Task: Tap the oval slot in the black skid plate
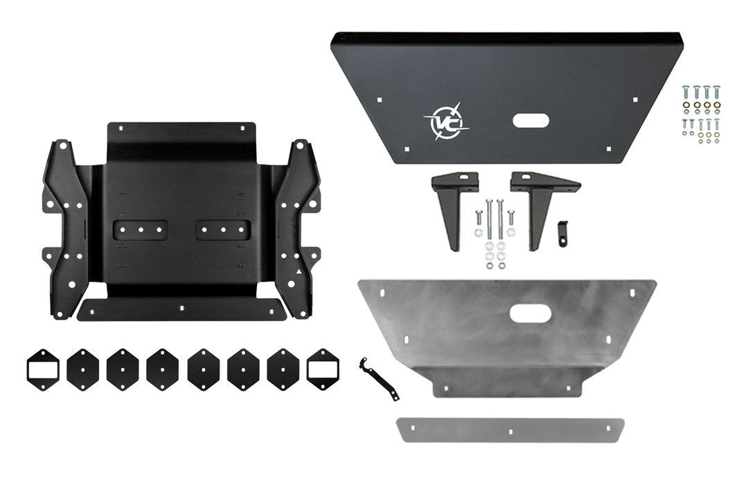[531, 121]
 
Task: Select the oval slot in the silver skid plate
[531, 313]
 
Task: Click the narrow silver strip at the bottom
[510, 430]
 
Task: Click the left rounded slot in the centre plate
[141, 230]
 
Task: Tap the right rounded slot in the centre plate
[222, 230]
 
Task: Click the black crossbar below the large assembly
[181, 310]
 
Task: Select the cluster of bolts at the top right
[700, 113]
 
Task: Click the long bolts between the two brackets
[494, 217]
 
